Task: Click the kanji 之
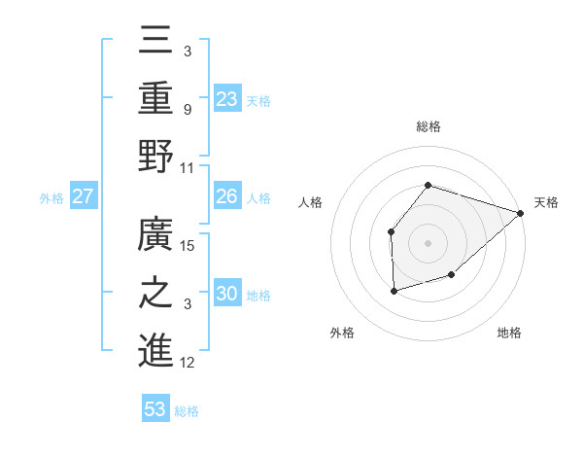coord(155,295)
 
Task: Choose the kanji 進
coord(155,351)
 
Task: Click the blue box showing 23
coord(227,98)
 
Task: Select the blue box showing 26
coord(227,196)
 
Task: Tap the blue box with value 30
coord(227,295)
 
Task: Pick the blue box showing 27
coord(84,196)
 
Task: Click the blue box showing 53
coord(155,409)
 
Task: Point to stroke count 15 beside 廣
coord(189,245)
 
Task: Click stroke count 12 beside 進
coord(189,363)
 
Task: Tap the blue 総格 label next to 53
coord(187,410)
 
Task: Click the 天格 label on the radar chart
coord(546,202)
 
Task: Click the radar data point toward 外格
coord(394,291)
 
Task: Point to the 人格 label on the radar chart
coord(311,202)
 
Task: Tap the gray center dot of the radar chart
coord(428,242)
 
